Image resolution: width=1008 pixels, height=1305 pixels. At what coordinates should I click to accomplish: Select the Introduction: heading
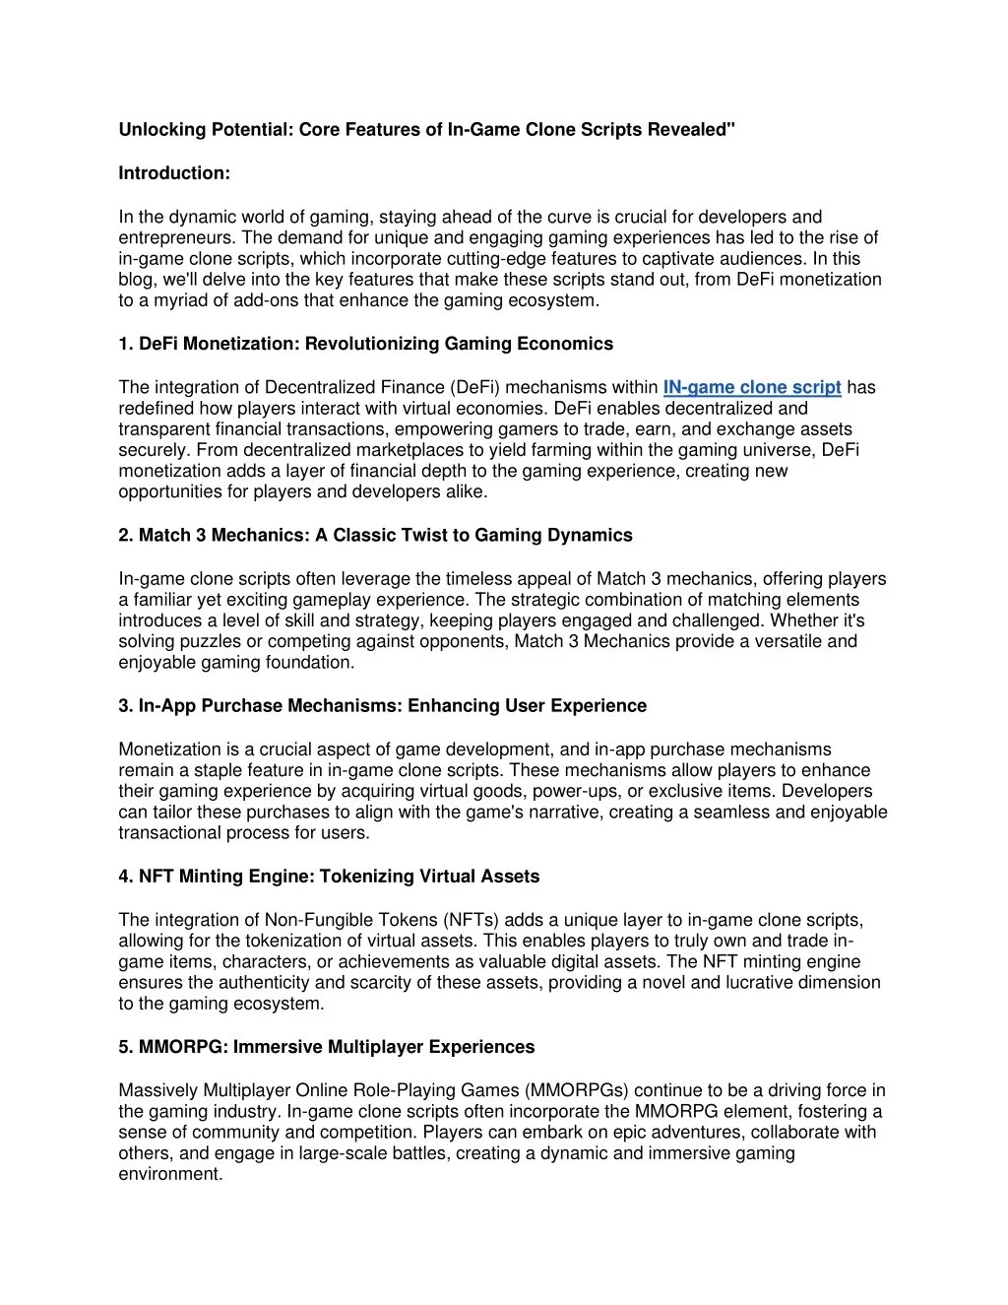tap(174, 173)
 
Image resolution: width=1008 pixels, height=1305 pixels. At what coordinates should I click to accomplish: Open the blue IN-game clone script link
tap(752, 387)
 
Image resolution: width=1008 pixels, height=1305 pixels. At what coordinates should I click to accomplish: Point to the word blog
tap(137, 280)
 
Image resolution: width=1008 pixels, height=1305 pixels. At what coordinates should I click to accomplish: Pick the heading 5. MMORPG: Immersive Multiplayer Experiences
tap(326, 1047)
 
